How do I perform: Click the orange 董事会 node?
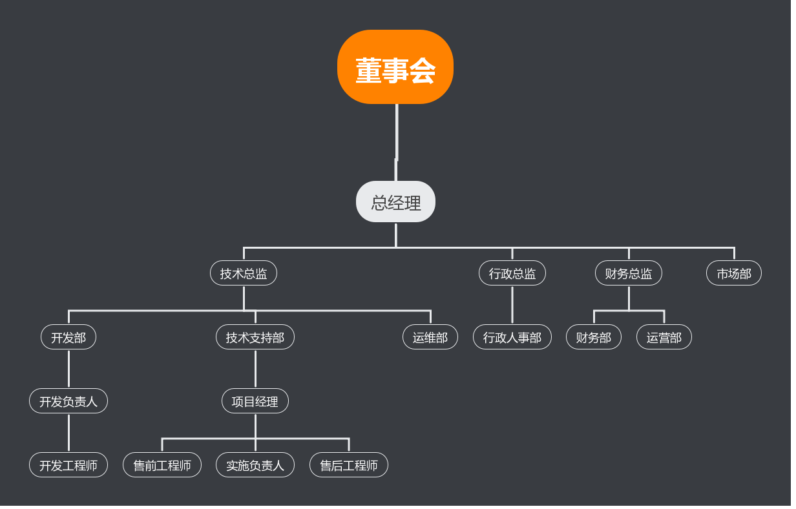[395, 67]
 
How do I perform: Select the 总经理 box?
[395, 202]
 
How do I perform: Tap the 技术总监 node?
[244, 273]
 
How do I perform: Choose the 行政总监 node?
[512, 273]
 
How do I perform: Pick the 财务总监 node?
[629, 273]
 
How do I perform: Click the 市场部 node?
[734, 273]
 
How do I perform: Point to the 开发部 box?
[68, 337]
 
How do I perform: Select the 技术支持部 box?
[255, 337]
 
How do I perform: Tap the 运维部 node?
[430, 337]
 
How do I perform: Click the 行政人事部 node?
[512, 337]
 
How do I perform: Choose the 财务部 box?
[594, 337]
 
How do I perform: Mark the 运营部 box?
[664, 337]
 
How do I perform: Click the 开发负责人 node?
[68, 401]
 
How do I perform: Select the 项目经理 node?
[255, 401]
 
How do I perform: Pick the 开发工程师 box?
[68, 465]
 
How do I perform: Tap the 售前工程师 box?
[162, 465]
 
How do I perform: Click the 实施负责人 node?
[255, 465]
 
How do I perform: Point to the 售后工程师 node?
[349, 465]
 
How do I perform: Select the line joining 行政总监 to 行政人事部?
[512, 305]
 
